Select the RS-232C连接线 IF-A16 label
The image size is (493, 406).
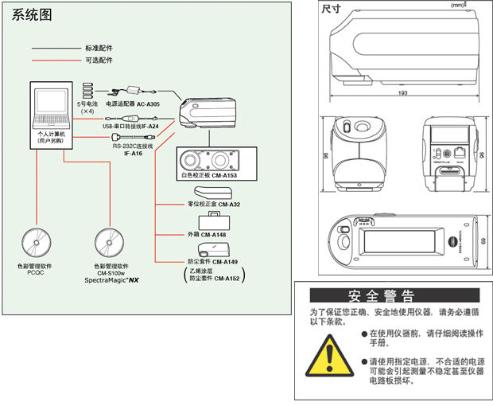click(132, 149)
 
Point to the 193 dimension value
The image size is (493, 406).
click(403, 93)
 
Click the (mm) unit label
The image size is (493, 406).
click(456, 6)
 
